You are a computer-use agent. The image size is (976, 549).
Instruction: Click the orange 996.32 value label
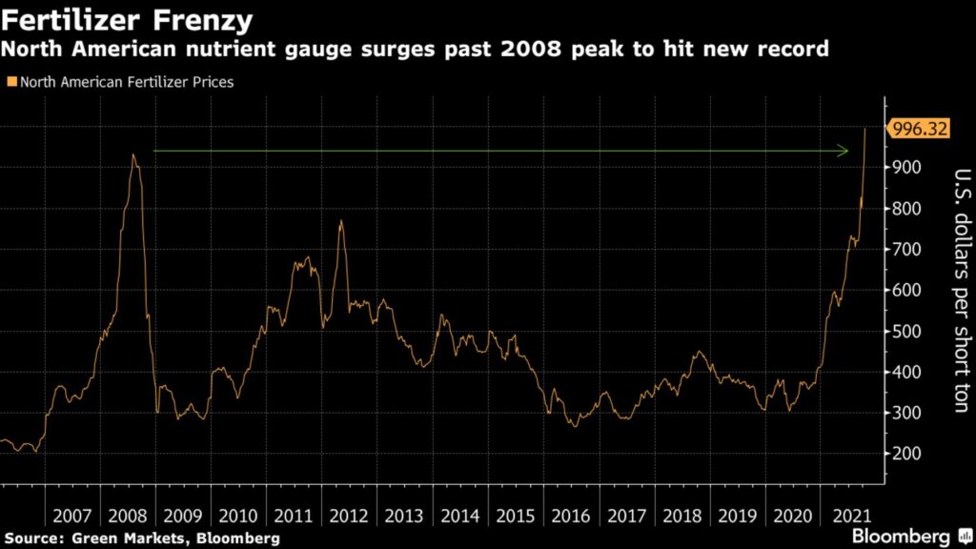tap(917, 129)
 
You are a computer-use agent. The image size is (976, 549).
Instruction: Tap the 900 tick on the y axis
tap(907, 167)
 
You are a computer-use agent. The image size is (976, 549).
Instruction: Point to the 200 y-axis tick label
tap(907, 455)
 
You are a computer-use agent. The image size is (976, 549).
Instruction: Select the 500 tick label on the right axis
tap(907, 332)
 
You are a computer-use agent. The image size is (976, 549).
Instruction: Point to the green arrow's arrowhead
tap(844, 151)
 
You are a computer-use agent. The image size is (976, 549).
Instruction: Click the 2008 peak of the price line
tap(133, 155)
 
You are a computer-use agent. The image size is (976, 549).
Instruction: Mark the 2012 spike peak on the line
tap(340, 221)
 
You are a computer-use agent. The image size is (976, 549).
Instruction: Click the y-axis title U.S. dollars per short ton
tap(962, 291)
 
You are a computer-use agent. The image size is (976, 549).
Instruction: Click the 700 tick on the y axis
tap(907, 250)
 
